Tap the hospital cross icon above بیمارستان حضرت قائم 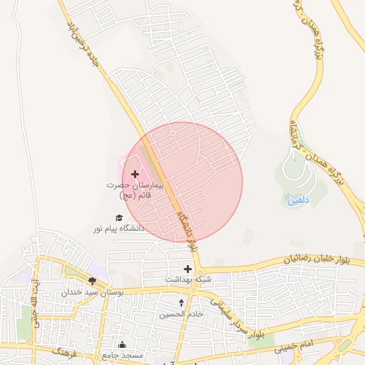[x=135, y=174]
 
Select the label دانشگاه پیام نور [x=118, y=228]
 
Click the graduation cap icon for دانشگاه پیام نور [x=119, y=217]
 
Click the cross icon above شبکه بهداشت [x=187, y=269]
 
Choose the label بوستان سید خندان [x=92, y=292]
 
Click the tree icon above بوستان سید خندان [x=92, y=281]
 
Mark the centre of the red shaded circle [x=182, y=182]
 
